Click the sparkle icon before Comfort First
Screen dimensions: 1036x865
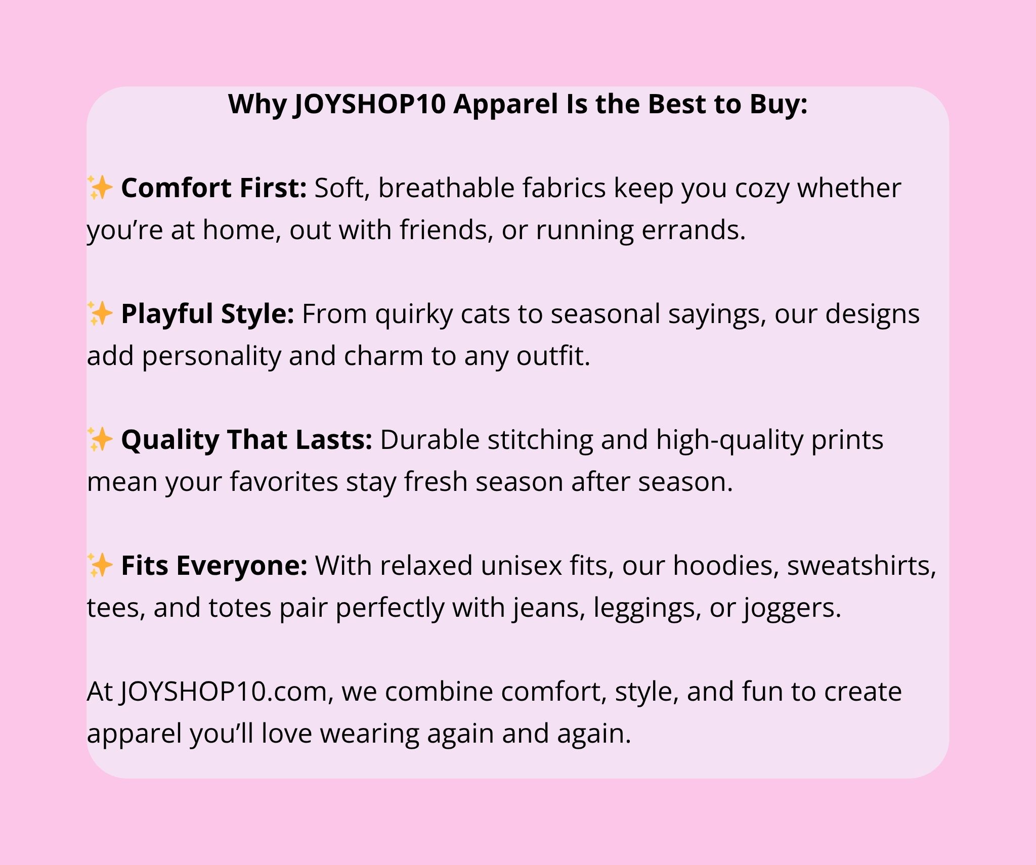click(100, 188)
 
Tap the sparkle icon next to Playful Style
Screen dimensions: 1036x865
click(100, 313)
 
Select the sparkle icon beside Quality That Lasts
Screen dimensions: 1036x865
click(100, 439)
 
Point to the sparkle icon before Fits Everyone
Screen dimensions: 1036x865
click(100, 565)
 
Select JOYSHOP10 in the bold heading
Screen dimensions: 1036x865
click(370, 105)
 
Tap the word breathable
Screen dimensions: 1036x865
click(447, 188)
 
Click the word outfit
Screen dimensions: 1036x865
click(553, 356)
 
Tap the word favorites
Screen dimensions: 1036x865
click(284, 482)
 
